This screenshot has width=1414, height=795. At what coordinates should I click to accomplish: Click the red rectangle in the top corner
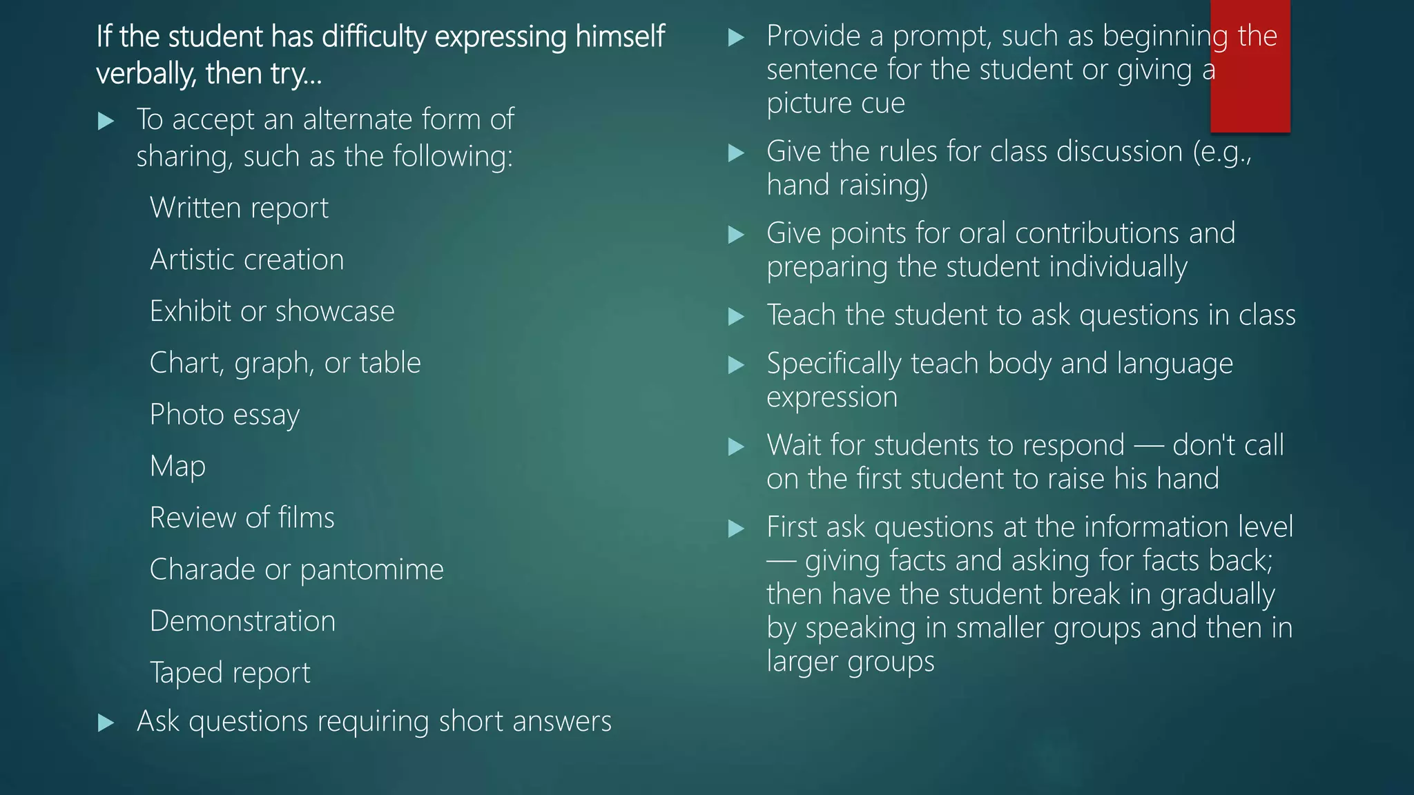coord(1250,66)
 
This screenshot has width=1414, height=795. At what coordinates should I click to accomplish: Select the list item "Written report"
coord(239,208)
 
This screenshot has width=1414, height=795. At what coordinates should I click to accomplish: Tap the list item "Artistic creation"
coord(246,260)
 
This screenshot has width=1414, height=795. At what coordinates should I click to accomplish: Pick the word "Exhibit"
coord(190,311)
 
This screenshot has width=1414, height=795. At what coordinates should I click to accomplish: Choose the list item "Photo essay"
coord(224,415)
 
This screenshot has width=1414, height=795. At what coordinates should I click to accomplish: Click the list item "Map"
coord(177,467)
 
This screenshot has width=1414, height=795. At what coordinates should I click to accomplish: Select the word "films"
coord(306,518)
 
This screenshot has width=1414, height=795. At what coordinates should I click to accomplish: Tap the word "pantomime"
coord(371,570)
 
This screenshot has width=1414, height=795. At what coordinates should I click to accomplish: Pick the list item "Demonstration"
coord(242,621)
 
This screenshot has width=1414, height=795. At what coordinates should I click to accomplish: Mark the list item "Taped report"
coord(230,673)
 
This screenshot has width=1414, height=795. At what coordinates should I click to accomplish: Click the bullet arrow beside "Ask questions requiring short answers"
coord(106,723)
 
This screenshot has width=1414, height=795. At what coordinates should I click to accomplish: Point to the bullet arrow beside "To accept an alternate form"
coord(106,121)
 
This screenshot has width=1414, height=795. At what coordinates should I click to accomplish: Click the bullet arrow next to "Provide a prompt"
coord(736,37)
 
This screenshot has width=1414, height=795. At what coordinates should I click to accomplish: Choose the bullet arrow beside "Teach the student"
coord(736,317)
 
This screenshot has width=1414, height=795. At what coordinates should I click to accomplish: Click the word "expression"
coord(832,397)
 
